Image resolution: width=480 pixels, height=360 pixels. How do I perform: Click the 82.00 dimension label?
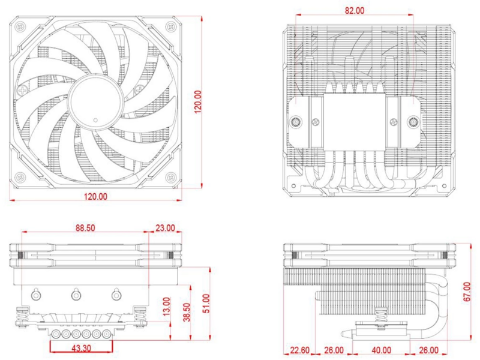coord(355,10)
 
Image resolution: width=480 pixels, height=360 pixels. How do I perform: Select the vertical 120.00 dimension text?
coord(198,102)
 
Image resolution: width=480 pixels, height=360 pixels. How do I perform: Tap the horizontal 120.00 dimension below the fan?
coord(96,197)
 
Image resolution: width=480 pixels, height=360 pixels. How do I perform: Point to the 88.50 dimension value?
coord(85,228)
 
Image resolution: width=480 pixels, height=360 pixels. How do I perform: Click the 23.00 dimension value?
coord(165,228)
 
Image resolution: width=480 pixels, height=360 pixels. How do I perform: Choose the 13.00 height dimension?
coord(166,307)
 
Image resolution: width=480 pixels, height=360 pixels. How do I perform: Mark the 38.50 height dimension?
coord(187,312)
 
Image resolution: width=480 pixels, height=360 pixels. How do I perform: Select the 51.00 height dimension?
coord(206,304)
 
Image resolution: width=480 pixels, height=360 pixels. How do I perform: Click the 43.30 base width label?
coord(81,349)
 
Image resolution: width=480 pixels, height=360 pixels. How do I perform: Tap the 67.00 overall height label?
coord(467,292)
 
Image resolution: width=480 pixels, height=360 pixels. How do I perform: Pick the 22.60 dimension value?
coord(299,350)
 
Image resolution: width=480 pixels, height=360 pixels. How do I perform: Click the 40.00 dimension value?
coord(381,350)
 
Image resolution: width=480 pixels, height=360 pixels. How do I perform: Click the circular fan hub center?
coord(96,101)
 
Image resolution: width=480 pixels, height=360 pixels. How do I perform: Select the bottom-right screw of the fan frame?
coord(170,177)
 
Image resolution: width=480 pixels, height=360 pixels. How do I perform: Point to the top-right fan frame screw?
coord(170,26)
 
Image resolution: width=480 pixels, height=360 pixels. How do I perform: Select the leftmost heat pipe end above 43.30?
coord(56,334)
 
